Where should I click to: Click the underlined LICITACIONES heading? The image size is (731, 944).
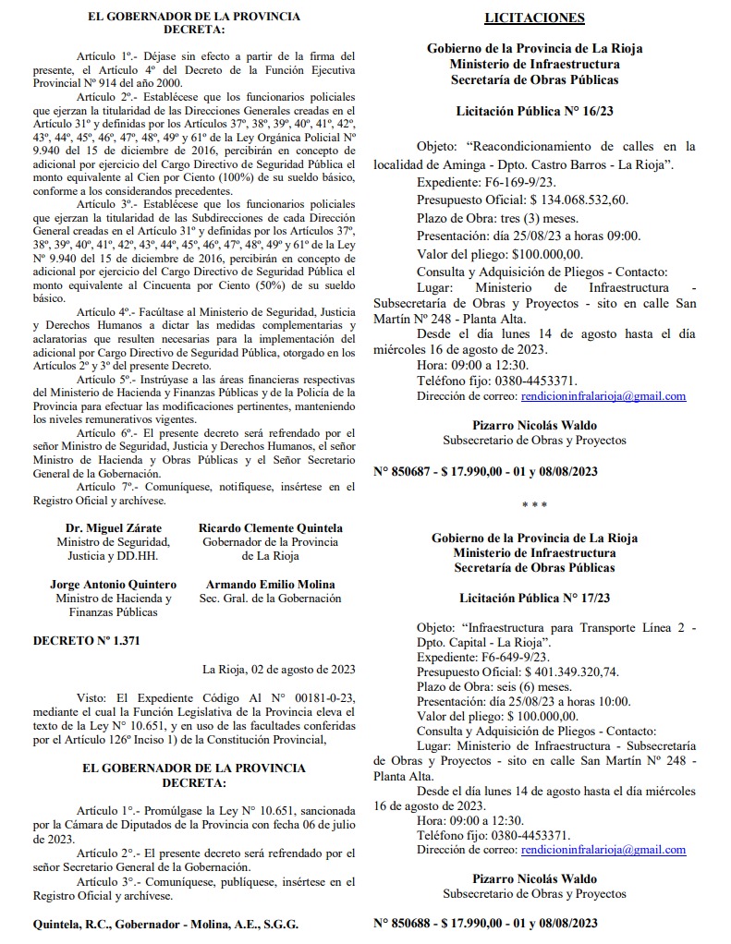point(534,18)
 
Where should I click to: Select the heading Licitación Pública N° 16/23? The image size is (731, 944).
point(534,111)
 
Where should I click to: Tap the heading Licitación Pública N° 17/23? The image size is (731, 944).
point(534,599)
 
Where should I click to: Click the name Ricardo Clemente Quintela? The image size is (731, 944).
point(271,527)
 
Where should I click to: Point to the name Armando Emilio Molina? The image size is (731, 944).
point(271,585)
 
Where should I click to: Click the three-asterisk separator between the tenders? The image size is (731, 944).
point(534,505)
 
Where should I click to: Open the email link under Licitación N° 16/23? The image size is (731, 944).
point(603,396)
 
